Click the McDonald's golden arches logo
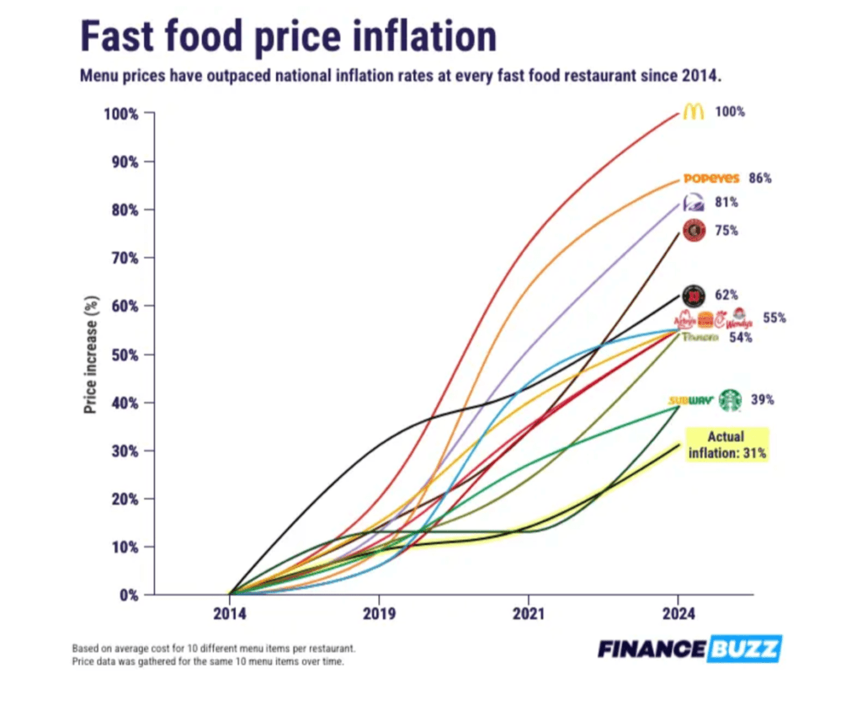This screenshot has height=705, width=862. point(693,112)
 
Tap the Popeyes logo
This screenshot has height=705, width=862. point(711,179)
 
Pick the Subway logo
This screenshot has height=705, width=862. point(690,401)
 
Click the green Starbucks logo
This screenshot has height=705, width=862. point(729,400)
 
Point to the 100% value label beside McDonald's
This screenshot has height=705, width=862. point(730,112)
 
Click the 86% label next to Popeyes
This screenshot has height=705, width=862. point(760,179)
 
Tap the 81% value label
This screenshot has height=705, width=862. point(727,203)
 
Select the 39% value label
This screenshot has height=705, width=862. point(764,400)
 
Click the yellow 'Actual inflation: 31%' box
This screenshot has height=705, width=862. point(727,444)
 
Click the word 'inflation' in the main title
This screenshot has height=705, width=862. point(412,37)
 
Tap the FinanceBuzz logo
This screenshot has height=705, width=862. point(689,649)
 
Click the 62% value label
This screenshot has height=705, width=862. point(726,296)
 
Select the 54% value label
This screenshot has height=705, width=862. point(741,338)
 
